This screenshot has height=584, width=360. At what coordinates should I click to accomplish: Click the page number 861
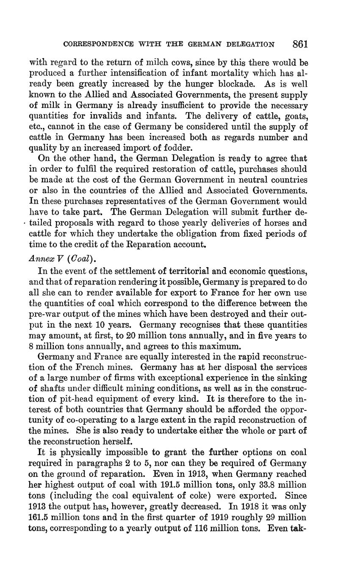(300, 44)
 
